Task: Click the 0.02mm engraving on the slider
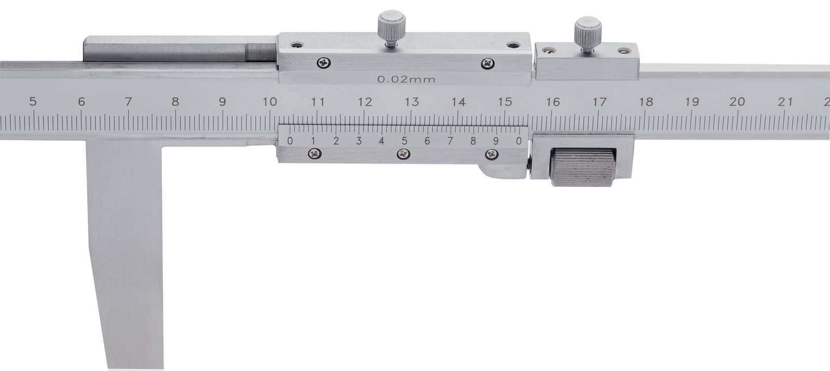(x=406, y=79)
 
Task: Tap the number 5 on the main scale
(x=33, y=101)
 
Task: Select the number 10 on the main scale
(x=270, y=101)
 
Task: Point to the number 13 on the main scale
(x=412, y=101)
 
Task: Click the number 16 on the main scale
(x=553, y=101)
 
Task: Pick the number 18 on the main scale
(x=646, y=101)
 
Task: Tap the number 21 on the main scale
(x=785, y=101)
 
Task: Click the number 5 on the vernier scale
(x=404, y=141)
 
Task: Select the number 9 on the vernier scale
(x=496, y=141)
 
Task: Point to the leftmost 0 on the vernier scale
(x=290, y=141)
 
